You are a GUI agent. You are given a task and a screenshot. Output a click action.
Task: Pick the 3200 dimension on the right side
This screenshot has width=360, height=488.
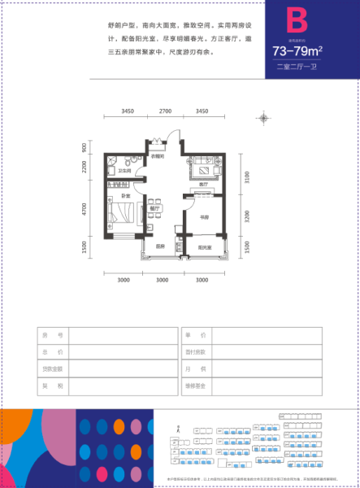[x=248, y=218]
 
